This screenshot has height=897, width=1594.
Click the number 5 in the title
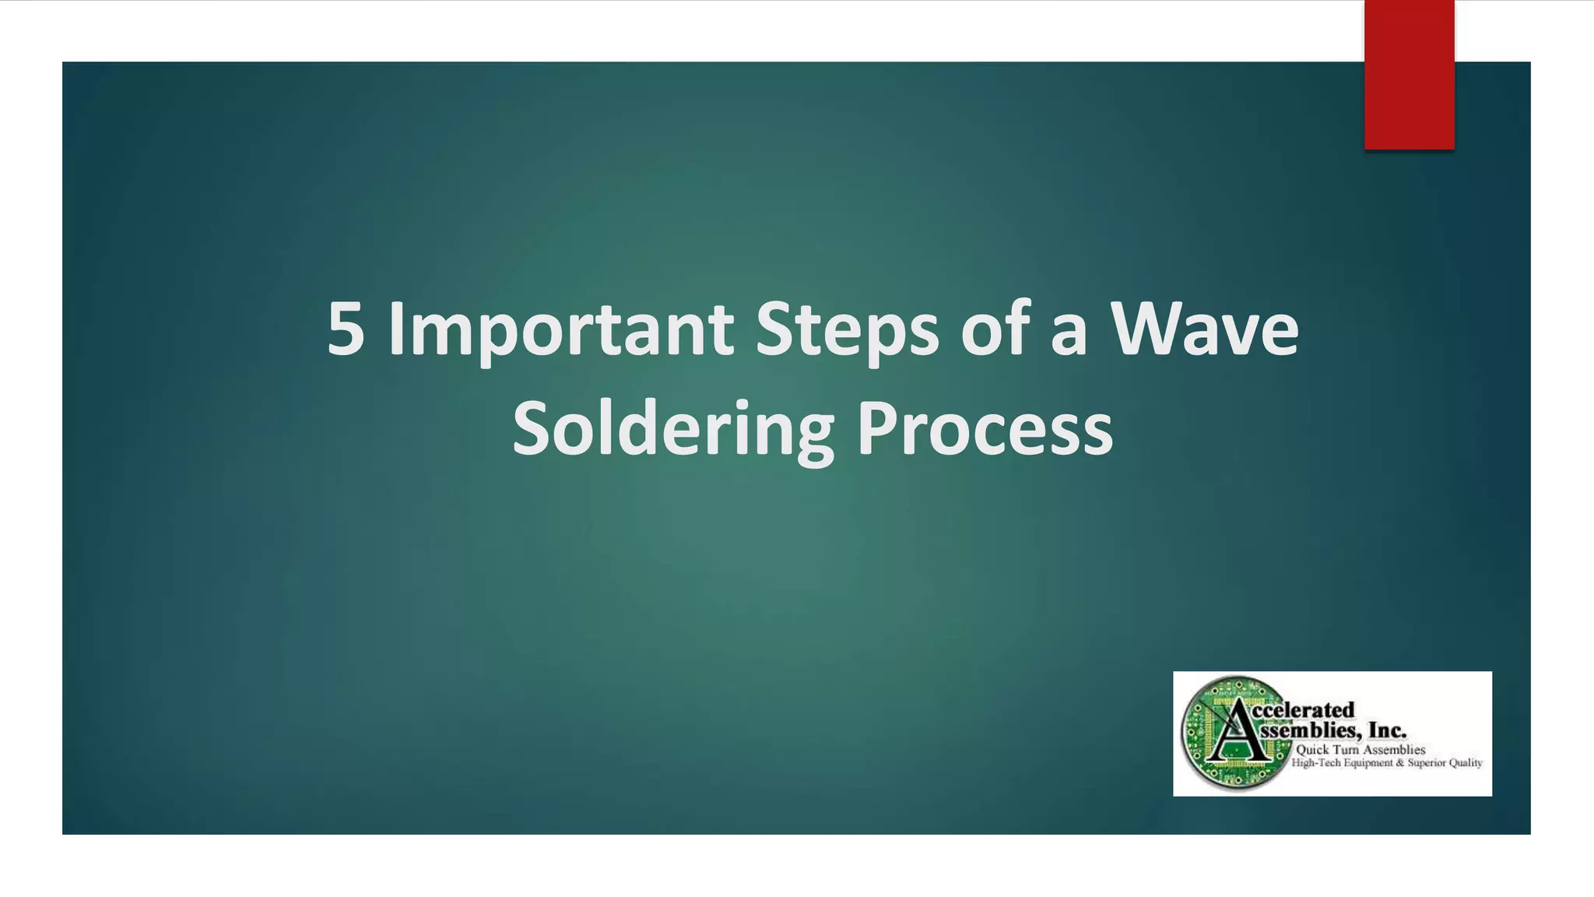point(346,329)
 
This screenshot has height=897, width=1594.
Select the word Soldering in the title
point(672,430)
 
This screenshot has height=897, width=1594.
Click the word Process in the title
point(985,430)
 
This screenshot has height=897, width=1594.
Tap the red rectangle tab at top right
point(1409,75)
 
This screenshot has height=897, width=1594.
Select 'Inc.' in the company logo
point(1387,731)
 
